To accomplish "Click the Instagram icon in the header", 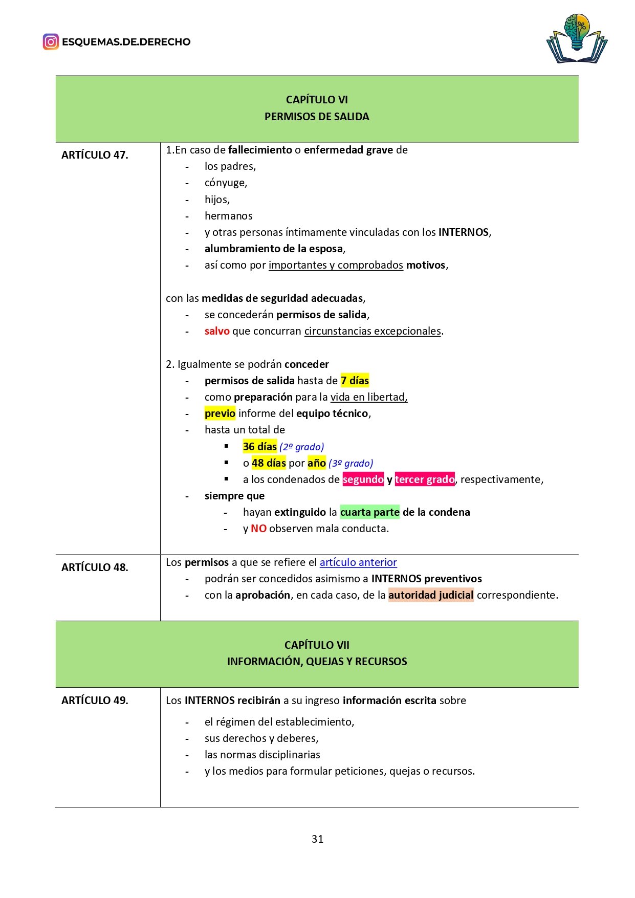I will click(51, 41).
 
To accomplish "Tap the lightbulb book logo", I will click(577, 38).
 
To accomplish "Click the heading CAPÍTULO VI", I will click(317, 100).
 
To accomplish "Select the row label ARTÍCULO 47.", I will click(95, 155).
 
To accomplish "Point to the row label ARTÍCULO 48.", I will click(95, 567).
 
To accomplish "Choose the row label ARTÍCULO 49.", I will click(95, 700).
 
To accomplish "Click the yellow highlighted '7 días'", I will click(355, 381).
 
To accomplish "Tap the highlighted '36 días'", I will click(259, 446).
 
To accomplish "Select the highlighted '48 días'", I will click(269, 463).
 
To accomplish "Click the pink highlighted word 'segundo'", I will click(363, 479).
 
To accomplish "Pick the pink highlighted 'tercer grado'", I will click(424, 479).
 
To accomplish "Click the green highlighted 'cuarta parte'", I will click(369, 512).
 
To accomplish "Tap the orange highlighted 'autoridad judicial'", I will click(431, 595).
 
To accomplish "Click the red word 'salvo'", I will click(217, 331).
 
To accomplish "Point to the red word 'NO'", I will click(258, 529).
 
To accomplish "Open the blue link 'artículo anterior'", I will click(358, 562).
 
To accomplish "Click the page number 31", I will click(317, 839).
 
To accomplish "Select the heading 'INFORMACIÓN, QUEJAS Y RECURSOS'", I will click(317, 661).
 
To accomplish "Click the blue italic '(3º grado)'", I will click(351, 463).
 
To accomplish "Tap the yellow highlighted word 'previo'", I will click(220, 413).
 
